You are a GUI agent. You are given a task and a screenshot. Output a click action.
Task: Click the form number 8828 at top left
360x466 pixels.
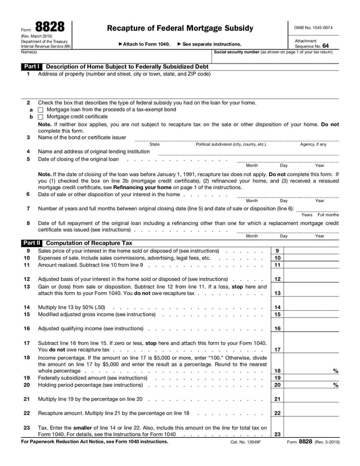[49, 26]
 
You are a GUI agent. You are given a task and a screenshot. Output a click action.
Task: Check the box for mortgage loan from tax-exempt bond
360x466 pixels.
[40, 110]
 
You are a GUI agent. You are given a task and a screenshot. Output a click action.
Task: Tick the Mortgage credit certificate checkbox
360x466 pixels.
[40, 117]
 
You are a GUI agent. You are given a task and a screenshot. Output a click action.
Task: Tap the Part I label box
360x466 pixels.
[31, 66]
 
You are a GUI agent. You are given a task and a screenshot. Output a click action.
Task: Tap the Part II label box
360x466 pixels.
[31, 243]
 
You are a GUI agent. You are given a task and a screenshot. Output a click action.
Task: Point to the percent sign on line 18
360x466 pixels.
[336, 371]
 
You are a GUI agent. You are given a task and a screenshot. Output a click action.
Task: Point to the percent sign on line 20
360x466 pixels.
[336, 385]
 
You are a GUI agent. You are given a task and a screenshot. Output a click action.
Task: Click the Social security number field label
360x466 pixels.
[236, 52]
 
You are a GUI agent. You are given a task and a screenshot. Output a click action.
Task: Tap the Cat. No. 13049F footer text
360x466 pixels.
[246, 442]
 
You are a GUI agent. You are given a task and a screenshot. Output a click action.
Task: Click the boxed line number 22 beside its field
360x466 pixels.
[277, 413]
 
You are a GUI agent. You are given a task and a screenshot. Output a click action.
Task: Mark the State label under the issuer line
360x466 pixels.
[155, 145]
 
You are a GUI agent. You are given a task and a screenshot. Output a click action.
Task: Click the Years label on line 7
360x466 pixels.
[307, 214]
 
